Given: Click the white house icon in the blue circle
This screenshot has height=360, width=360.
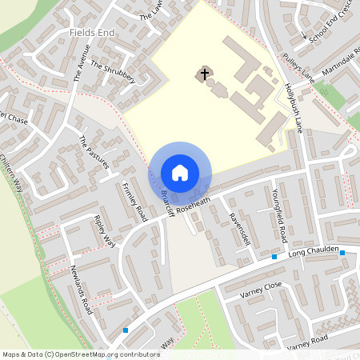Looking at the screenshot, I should (x=180, y=173).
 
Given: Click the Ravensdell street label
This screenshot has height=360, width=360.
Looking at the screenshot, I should (x=239, y=230).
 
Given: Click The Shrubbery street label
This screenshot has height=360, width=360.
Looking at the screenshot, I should (x=113, y=71).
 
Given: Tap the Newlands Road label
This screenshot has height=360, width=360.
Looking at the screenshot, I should (x=81, y=288).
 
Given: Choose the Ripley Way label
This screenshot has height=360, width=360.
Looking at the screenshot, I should (x=104, y=230).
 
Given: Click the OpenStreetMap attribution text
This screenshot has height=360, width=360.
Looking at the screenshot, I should (x=80, y=354).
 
